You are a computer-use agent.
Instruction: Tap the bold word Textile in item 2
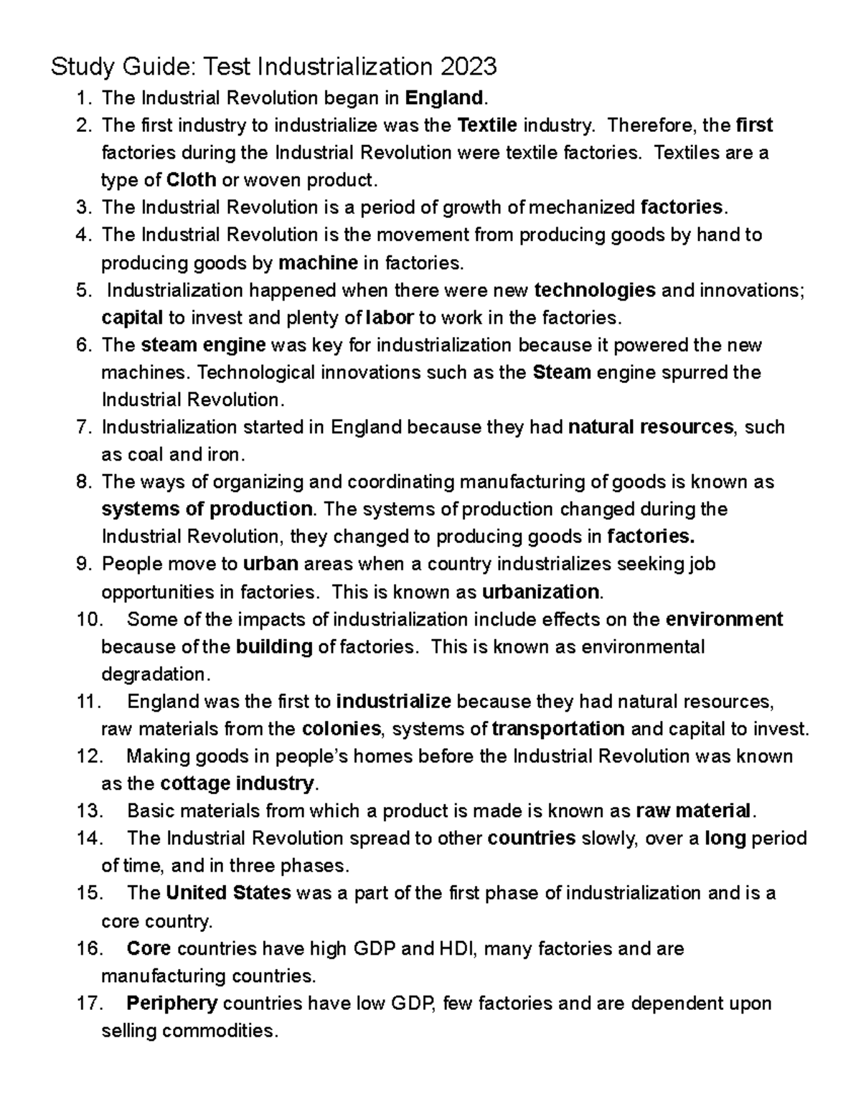click(x=487, y=126)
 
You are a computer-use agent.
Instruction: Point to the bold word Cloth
click(x=191, y=179)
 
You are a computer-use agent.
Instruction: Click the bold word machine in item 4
click(x=318, y=263)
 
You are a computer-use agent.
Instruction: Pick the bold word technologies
click(x=596, y=291)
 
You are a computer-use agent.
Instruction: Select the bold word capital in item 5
click(x=133, y=317)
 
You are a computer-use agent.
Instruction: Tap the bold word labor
click(x=389, y=317)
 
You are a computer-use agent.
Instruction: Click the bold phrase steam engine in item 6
click(x=203, y=345)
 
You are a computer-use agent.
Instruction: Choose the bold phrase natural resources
click(x=651, y=428)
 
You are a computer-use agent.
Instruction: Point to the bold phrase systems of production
click(x=207, y=509)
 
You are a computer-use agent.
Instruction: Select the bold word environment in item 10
click(x=725, y=619)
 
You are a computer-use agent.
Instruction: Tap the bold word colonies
click(x=342, y=729)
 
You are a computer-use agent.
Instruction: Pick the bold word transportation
click(x=558, y=729)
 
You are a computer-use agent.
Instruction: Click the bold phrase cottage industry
click(x=237, y=783)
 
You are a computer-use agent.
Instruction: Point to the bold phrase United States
click(x=228, y=893)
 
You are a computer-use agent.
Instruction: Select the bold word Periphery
click(x=172, y=1003)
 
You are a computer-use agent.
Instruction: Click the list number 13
click(x=90, y=811)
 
